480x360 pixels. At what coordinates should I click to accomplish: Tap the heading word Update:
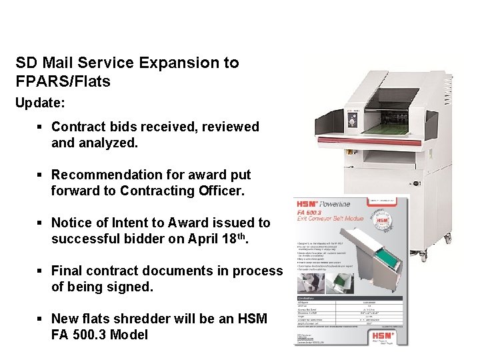(x=40, y=105)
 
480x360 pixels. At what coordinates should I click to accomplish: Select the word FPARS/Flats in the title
(x=63, y=81)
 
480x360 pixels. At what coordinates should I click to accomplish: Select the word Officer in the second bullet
(x=217, y=191)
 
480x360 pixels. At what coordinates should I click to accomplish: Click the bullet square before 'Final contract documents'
(x=41, y=271)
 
